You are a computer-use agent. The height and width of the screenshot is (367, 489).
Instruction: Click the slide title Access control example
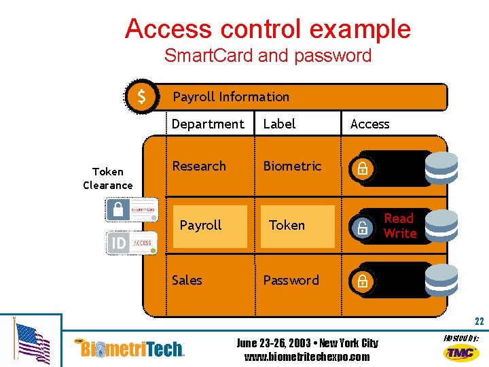268,29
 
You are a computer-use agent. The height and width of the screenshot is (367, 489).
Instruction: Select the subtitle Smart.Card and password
268,56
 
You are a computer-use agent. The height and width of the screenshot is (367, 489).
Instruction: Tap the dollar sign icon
141,97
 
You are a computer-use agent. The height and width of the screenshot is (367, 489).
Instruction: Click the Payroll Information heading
231,97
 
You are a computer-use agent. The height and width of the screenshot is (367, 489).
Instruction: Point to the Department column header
207,124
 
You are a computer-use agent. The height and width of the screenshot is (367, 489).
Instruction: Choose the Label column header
279,124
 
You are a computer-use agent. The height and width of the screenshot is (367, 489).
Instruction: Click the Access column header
369,124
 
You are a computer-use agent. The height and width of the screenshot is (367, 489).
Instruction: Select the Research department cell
198,166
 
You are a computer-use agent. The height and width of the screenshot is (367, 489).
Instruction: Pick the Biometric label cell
292,166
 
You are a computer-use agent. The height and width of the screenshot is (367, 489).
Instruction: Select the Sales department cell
187,280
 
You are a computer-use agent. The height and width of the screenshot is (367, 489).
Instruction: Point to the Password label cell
291,280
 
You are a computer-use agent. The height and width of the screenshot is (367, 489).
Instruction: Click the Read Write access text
399,226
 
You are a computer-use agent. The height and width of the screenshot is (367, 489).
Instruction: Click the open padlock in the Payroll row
363,228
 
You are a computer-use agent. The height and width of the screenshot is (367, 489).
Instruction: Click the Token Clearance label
108,179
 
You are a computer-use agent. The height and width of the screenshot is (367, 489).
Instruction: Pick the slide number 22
479,321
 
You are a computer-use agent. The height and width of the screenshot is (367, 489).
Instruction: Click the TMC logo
460,352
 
